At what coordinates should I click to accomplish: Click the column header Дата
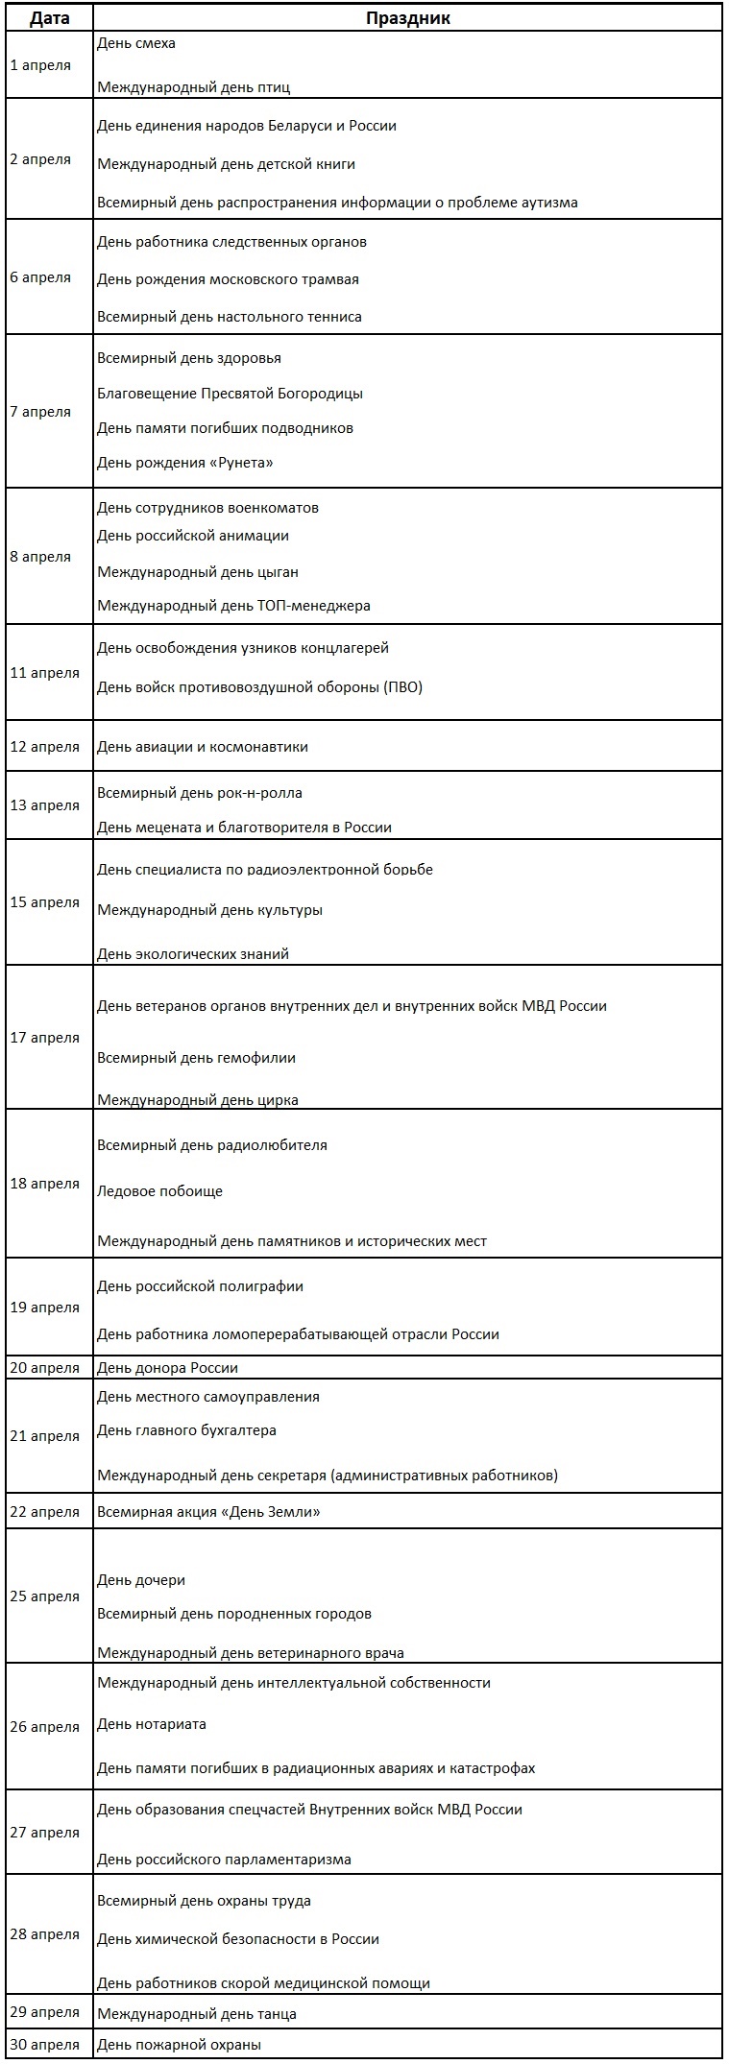[x=49, y=18]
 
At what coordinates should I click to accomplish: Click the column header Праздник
[x=407, y=18]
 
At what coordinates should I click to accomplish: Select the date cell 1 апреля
[x=40, y=65]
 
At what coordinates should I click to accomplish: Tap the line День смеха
[x=136, y=43]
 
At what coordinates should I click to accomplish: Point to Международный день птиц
[x=193, y=87]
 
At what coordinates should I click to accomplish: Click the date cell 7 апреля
[x=40, y=412]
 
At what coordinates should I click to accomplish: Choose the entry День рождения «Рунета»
[x=185, y=463]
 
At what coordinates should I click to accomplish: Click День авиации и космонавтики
[x=203, y=747]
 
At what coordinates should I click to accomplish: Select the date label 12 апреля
[x=44, y=747]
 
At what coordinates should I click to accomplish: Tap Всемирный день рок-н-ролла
[x=200, y=793]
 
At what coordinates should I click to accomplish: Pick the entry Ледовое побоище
[x=159, y=1191]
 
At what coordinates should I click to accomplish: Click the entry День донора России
[x=167, y=1368]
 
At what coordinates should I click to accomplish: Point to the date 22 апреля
[x=44, y=1512]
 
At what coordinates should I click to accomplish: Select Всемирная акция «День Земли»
[x=208, y=1512]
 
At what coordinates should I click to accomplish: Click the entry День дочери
[x=141, y=1580]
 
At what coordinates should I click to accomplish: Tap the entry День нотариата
[x=152, y=1724]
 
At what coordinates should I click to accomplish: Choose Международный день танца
[x=197, y=2014]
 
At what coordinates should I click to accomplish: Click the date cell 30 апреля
[x=44, y=2045]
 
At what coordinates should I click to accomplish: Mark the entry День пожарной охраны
[x=179, y=2045]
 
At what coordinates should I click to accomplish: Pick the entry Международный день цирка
[x=198, y=1100]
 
